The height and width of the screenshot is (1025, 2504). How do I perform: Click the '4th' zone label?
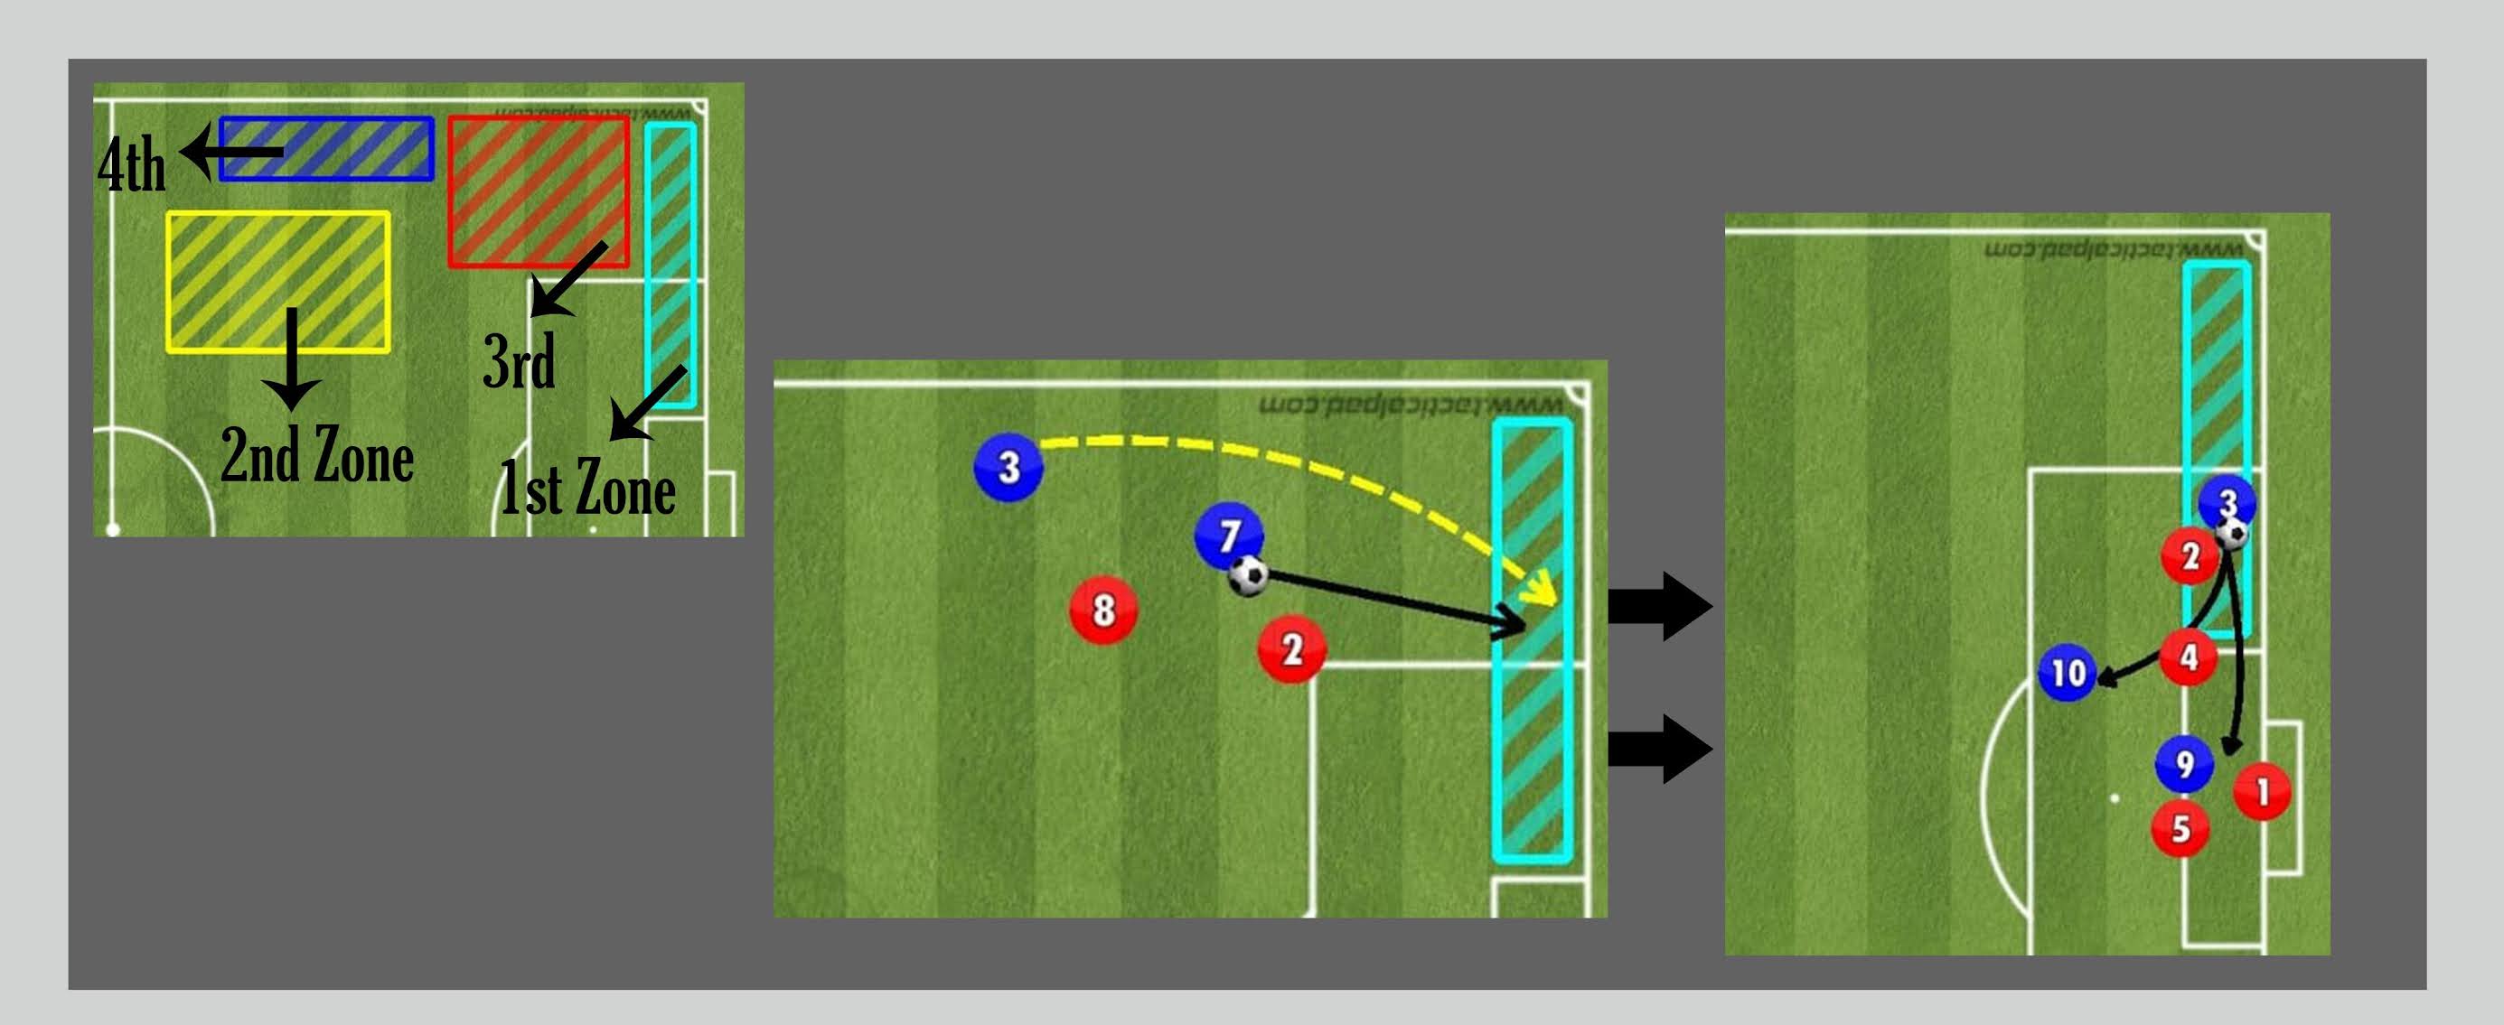pyautogui.click(x=131, y=166)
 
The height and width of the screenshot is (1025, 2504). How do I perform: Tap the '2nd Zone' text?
pyautogui.click(x=317, y=456)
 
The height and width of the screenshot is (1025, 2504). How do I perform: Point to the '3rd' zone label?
pyautogui.click(x=519, y=361)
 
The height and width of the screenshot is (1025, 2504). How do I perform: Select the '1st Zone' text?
pyautogui.click(x=587, y=488)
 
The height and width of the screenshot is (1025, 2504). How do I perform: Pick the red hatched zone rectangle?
pyautogui.click(x=538, y=191)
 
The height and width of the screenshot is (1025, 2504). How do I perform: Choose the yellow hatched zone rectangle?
pyautogui.click(x=278, y=281)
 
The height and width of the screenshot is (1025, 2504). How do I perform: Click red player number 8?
pyautogui.click(x=1103, y=610)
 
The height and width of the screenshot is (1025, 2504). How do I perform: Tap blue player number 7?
pyautogui.click(x=1229, y=534)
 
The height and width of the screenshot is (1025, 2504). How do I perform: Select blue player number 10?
pyautogui.click(x=2068, y=672)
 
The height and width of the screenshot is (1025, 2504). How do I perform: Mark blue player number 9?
pyautogui.click(x=2184, y=765)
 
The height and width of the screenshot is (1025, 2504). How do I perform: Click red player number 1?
pyautogui.click(x=2262, y=792)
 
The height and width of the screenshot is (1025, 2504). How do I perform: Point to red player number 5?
pyautogui.click(x=2181, y=829)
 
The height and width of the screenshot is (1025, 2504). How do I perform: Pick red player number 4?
pyautogui.click(x=2188, y=657)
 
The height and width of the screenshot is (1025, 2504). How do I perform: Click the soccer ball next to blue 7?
pyautogui.click(x=1248, y=575)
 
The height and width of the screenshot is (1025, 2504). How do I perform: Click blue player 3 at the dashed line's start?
pyautogui.click(x=1008, y=467)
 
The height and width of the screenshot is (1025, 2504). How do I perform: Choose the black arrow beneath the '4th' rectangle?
pyautogui.click(x=233, y=152)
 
